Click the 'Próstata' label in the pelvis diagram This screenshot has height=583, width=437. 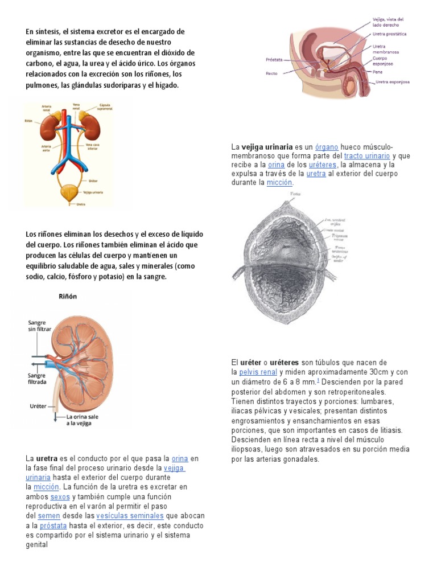[x=274, y=59]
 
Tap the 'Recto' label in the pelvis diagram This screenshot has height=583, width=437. [x=271, y=73]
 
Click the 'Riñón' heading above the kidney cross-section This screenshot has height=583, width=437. [x=68, y=296]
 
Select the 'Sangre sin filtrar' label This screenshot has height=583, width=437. [x=36, y=326]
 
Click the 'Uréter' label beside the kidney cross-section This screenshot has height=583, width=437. [x=36, y=406]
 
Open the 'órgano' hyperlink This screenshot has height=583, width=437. [x=327, y=147]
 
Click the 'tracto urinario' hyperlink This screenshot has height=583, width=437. [x=367, y=155]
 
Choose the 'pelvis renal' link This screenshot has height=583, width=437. [x=258, y=372]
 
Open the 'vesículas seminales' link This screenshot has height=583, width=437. [x=122, y=516]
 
